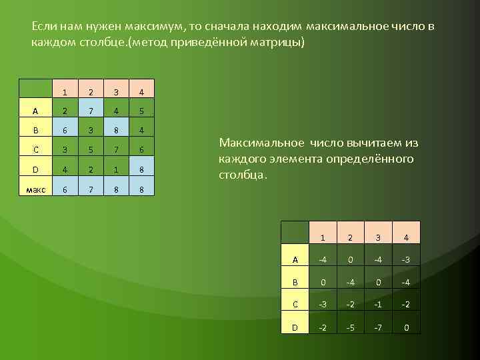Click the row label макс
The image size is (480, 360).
pos(35,189)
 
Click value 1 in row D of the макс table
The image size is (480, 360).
pos(116,169)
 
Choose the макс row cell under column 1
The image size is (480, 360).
pos(64,189)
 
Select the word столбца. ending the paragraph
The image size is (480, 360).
pos(243,175)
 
